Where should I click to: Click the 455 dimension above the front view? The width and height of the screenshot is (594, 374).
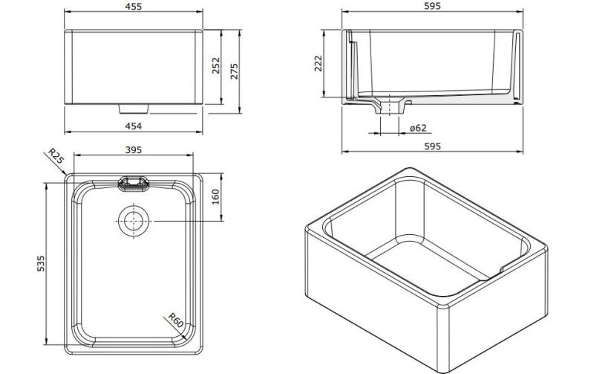click(x=134, y=7)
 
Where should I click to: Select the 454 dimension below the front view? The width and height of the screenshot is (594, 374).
click(x=134, y=126)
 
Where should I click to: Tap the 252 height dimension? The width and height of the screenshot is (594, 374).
click(x=216, y=67)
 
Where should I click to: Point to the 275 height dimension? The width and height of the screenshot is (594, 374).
click(x=235, y=71)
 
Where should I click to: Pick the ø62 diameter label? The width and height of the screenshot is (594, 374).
click(x=418, y=128)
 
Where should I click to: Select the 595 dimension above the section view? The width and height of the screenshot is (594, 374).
click(x=432, y=7)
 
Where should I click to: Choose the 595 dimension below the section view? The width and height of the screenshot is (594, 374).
click(x=432, y=146)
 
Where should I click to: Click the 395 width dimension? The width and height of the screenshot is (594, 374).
click(x=134, y=150)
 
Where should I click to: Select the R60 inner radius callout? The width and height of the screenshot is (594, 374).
click(x=175, y=321)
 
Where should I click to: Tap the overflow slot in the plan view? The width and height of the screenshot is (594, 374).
click(x=134, y=182)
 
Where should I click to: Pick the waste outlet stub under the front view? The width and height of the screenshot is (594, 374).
click(x=134, y=109)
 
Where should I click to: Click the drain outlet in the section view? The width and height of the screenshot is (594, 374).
click(x=389, y=104)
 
